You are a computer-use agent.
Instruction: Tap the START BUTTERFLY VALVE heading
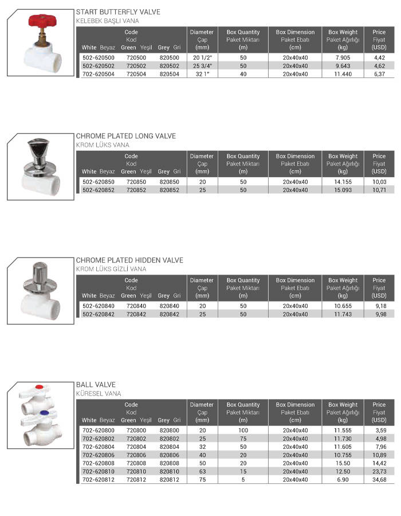pyautogui.click(x=118, y=12)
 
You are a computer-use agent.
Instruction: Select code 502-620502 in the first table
pyautogui.click(x=99, y=66)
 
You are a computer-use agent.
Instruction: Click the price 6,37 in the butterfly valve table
pyautogui.click(x=379, y=74)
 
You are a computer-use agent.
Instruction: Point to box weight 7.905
pyautogui.click(x=343, y=58)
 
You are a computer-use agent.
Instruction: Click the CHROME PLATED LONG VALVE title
pyautogui.click(x=125, y=136)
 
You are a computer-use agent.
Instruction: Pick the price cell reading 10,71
pyautogui.click(x=379, y=190)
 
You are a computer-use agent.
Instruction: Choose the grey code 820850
pyautogui.click(x=170, y=182)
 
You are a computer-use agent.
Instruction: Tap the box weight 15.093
pyautogui.click(x=343, y=190)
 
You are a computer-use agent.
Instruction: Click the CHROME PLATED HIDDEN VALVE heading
pyautogui.click(x=129, y=260)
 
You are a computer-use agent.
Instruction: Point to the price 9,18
pyautogui.click(x=379, y=306)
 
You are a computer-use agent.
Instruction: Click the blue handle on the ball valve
pyautogui.click(x=44, y=411)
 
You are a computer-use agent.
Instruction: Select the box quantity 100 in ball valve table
pyautogui.click(x=243, y=431)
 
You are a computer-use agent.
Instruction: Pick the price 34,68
pyautogui.click(x=379, y=479)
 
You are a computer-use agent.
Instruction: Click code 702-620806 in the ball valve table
pyautogui.click(x=99, y=455)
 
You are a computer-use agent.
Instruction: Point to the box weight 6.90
pyautogui.click(x=343, y=479)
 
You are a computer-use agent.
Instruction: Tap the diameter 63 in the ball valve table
pyautogui.click(x=202, y=471)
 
